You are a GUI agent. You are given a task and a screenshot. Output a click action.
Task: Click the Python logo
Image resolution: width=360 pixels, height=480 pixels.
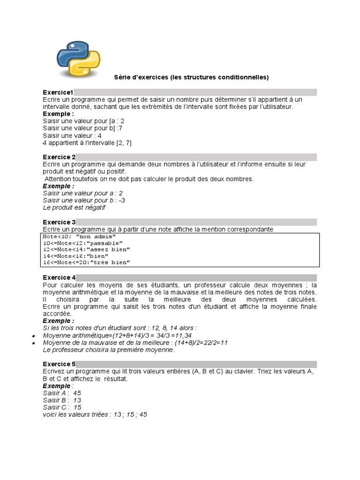click(x=79, y=59)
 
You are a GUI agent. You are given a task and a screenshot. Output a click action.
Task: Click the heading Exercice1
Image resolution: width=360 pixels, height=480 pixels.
click(x=58, y=92)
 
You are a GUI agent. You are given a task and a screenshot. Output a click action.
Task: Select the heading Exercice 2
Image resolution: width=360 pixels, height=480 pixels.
click(x=59, y=157)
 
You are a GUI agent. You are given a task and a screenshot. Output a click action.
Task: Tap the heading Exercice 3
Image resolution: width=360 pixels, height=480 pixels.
click(x=59, y=222)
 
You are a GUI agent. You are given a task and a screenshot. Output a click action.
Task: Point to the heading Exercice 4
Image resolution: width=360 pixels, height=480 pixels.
click(x=59, y=278)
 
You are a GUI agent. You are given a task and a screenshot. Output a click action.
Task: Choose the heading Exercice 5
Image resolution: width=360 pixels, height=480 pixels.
click(x=59, y=364)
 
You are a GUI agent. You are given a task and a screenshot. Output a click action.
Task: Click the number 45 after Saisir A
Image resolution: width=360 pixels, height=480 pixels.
click(x=77, y=393)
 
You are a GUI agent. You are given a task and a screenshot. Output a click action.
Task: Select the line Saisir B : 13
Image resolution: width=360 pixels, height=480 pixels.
click(x=62, y=400)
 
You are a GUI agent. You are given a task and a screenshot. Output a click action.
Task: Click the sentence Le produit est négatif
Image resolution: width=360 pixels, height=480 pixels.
click(x=74, y=207)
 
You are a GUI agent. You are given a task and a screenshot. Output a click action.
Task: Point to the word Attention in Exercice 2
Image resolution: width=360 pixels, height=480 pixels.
click(x=58, y=179)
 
